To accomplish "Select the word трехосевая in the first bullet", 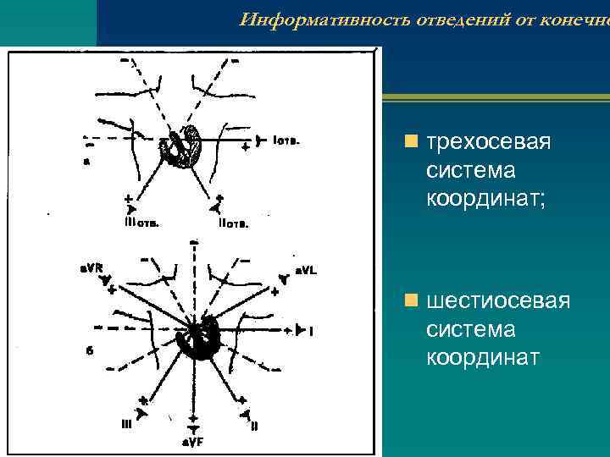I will click(x=489, y=141).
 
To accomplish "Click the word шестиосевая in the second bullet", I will click(x=498, y=300).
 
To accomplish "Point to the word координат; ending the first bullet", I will click(x=482, y=201).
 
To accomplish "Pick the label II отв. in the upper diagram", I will click(x=233, y=224).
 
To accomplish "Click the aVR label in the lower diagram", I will click(x=91, y=268).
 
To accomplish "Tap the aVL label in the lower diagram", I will click(x=305, y=270).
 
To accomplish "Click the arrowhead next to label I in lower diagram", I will click(x=298, y=331).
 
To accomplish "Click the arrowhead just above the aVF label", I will click(x=195, y=428).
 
